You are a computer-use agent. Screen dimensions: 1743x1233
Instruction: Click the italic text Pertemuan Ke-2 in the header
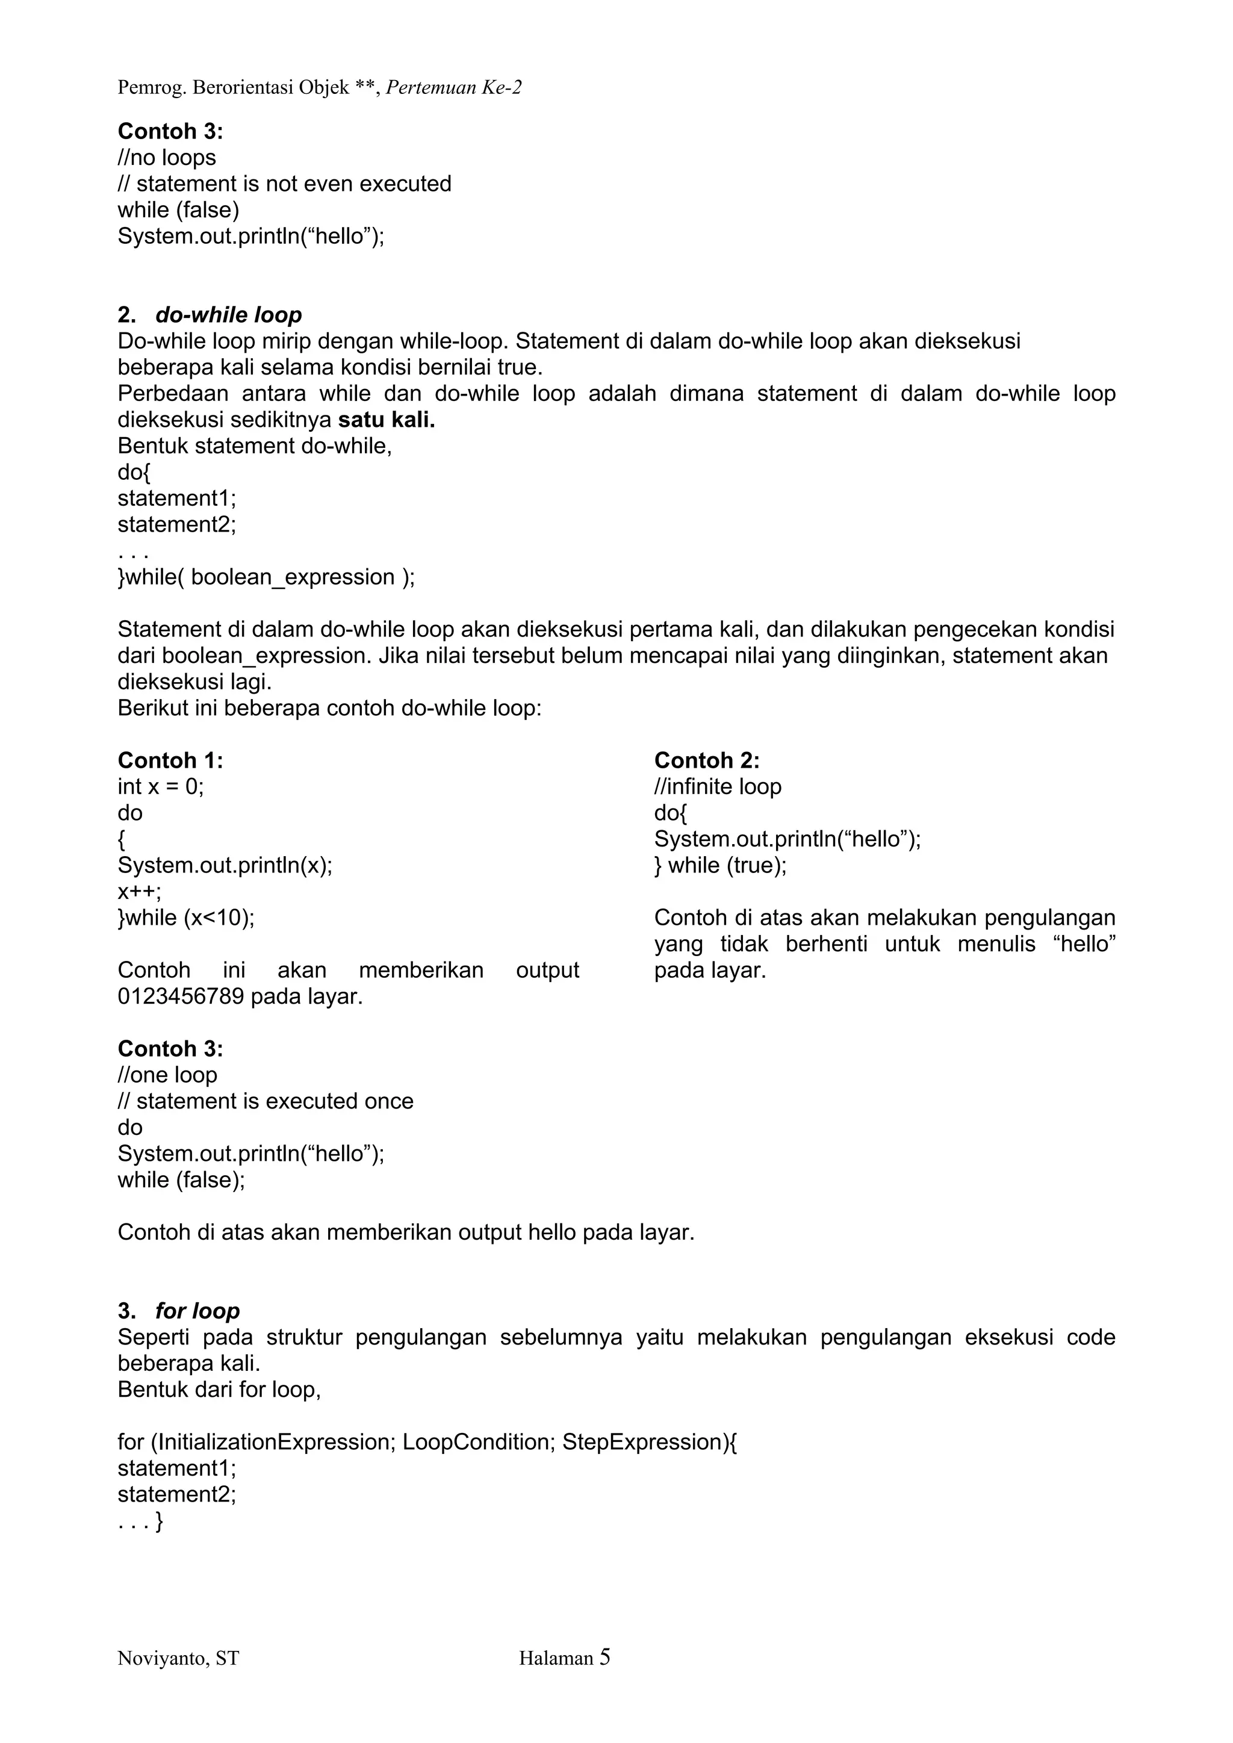pos(453,88)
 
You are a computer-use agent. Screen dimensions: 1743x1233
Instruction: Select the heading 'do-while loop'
pos(229,315)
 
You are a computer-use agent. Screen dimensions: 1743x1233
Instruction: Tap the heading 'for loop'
pos(197,1311)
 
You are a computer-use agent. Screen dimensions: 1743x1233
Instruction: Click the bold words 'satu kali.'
pos(387,420)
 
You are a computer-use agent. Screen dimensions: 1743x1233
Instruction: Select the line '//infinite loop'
pos(718,786)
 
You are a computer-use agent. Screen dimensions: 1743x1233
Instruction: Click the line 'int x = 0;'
pos(161,786)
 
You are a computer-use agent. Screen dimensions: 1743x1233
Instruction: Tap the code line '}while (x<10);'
pos(186,918)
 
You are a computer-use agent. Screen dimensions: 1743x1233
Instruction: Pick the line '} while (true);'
pos(720,865)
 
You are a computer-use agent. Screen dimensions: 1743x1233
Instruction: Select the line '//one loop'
pos(167,1075)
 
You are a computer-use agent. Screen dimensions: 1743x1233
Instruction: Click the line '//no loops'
pos(166,158)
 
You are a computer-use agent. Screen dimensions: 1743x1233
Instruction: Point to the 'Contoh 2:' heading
pos(706,760)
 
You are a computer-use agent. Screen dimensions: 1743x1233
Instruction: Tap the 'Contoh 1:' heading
pos(170,760)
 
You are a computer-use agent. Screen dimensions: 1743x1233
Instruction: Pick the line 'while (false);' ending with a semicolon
pos(181,1179)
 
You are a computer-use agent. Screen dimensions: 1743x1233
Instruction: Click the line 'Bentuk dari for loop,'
pos(219,1390)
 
